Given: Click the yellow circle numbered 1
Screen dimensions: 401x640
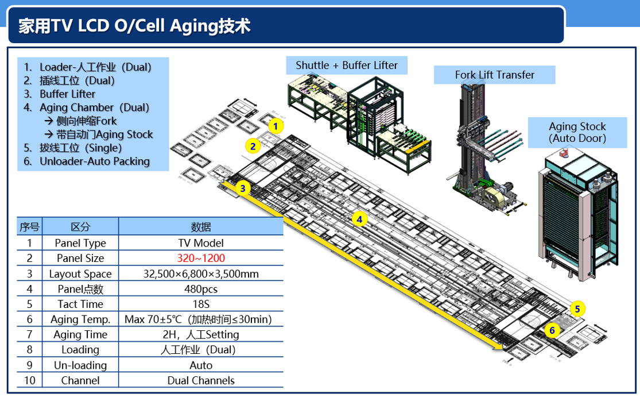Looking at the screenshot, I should pyautogui.click(x=276, y=126).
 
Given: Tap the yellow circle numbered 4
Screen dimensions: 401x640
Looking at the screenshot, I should pyautogui.click(x=359, y=219).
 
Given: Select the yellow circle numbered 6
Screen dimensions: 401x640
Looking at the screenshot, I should pyautogui.click(x=552, y=330).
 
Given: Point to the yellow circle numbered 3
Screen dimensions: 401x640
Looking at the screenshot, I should pyautogui.click(x=243, y=188).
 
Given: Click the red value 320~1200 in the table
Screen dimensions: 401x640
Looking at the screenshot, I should pyautogui.click(x=201, y=258).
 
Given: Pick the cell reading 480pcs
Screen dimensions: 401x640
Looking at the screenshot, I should pyautogui.click(x=201, y=289).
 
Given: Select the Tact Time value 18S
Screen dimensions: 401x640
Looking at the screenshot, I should pyautogui.click(x=201, y=304).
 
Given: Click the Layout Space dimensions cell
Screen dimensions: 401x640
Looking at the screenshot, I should pyautogui.click(x=201, y=273).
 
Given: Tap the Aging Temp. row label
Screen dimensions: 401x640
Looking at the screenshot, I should pyautogui.click(x=80, y=319).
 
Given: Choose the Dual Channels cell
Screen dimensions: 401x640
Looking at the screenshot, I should pyautogui.click(x=201, y=380).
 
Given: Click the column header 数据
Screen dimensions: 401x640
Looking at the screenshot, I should pyautogui.click(x=201, y=227).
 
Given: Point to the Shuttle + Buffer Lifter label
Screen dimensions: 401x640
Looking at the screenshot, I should pyautogui.click(x=347, y=65).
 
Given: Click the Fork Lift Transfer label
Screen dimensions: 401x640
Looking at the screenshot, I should pyautogui.click(x=494, y=75).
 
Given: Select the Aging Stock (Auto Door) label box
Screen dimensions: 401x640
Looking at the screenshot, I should pyautogui.click(x=577, y=132).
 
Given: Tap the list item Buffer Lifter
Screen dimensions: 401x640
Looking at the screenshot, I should pyautogui.click(x=67, y=94).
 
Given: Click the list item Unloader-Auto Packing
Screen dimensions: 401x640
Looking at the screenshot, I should pyautogui.click(x=94, y=161).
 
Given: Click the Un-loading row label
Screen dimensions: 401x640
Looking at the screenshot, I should pyautogui.click(x=80, y=365).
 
